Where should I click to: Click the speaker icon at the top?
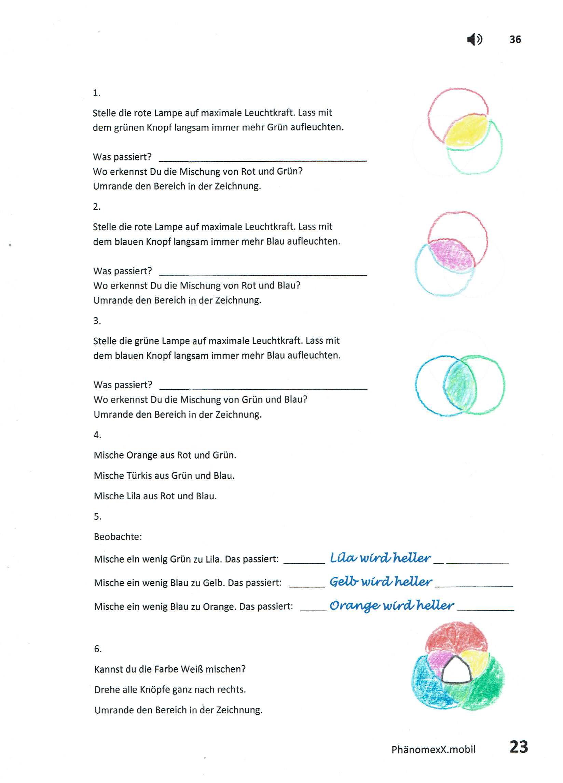tap(474, 39)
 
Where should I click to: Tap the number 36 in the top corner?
tap(515, 39)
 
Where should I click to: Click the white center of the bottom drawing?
tap(457, 671)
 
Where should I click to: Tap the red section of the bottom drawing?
tap(456, 637)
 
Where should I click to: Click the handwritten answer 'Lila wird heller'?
tap(380, 558)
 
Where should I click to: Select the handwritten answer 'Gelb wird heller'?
tap(380, 582)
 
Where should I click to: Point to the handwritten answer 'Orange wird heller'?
tap(392, 605)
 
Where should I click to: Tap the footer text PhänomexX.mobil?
tap(433, 749)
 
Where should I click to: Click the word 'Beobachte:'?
tap(118, 536)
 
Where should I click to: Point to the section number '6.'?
tap(98, 649)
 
